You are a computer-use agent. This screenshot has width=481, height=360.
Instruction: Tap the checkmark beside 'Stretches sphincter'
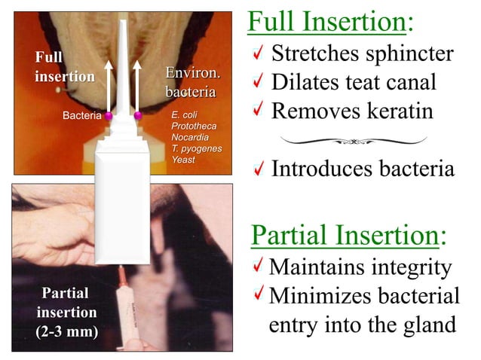[257, 54]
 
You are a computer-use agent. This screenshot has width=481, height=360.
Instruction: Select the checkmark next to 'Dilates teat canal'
[257, 82]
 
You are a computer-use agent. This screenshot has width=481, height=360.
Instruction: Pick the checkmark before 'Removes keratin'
[257, 111]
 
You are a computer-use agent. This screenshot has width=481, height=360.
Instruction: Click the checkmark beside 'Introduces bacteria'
[257, 169]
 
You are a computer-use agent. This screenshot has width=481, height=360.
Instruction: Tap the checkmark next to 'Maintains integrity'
[258, 267]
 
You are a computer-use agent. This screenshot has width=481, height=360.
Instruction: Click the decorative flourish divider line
[353, 139]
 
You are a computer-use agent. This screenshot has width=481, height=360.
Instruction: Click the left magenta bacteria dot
[109, 116]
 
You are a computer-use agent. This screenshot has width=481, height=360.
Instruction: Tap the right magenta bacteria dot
[138, 116]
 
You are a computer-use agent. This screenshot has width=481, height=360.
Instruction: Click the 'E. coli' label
[185, 115]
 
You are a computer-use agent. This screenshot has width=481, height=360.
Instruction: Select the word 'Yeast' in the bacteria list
[184, 160]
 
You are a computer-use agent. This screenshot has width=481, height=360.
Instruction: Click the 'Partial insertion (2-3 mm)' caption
[66, 312]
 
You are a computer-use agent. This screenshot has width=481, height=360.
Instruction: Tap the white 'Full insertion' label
[64, 67]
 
